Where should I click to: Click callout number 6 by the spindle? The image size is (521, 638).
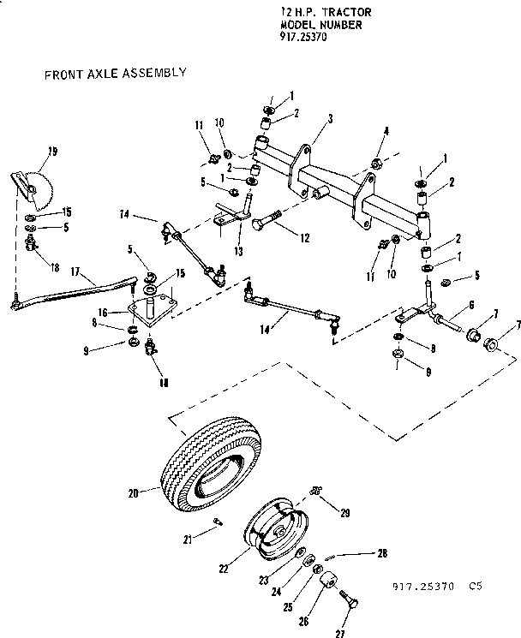(x=470, y=305)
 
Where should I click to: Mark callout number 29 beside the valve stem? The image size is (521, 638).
(x=344, y=512)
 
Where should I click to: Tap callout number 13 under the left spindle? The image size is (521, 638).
(x=238, y=252)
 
